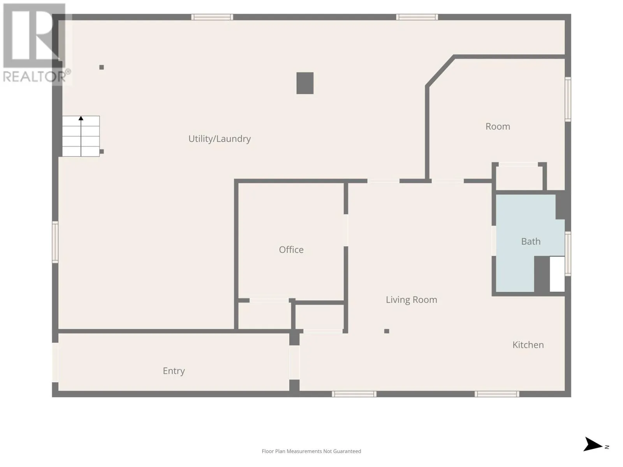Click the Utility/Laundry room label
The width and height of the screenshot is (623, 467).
click(x=219, y=139)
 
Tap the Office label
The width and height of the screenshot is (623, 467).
click(x=291, y=249)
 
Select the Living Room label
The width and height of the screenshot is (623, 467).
click(x=411, y=300)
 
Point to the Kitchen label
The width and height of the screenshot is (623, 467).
click(x=528, y=345)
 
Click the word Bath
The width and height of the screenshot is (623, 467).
click(x=531, y=241)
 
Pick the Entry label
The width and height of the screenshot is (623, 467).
click(x=174, y=371)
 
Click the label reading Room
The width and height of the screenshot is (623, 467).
click(x=498, y=126)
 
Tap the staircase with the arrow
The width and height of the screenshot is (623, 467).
click(x=81, y=136)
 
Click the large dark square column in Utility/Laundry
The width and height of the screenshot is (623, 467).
click(x=305, y=83)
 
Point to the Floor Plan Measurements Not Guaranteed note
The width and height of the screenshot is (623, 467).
click(x=311, y=451)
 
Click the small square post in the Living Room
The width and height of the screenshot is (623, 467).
click(x=387, y=331)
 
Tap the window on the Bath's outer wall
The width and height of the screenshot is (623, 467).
click(x=568, y=253)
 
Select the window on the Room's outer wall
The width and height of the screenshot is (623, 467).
click(x=568, y=99)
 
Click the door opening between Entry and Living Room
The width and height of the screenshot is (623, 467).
click(x=294, y=362)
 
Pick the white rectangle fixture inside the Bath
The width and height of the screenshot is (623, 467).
click(x=557, y=274)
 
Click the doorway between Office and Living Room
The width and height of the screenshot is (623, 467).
click(x=346, y=230)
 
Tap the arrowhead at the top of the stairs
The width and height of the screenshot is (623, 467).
click(x=81, y=118)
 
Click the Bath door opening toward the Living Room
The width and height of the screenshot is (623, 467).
click(x=494, y=241)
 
